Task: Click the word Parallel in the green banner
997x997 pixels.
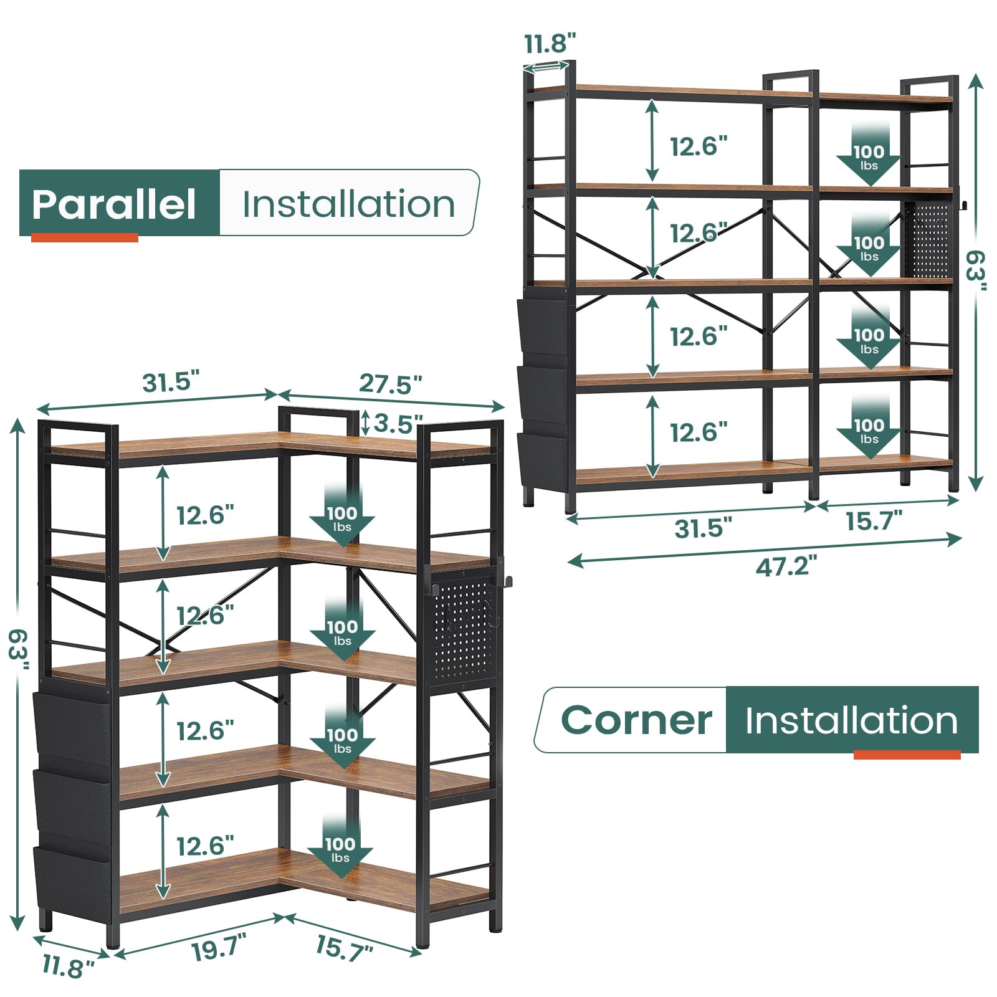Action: coord(114,204)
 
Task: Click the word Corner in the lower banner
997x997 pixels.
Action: coord(636,720)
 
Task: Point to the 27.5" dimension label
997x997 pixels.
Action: coord(390,384)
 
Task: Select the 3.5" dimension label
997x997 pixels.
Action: coord(398,424)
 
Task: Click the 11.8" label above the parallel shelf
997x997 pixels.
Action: coord(550,44)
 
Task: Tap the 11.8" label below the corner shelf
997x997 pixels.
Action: coord(68,966)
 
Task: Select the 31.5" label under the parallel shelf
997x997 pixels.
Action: coord(703,528)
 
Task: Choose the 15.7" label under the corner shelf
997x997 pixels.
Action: coord(343,949)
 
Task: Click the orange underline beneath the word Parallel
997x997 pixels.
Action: coord(85,237)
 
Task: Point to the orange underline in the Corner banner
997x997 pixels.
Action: coord(907,755)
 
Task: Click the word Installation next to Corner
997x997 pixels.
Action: coord(851,720)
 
